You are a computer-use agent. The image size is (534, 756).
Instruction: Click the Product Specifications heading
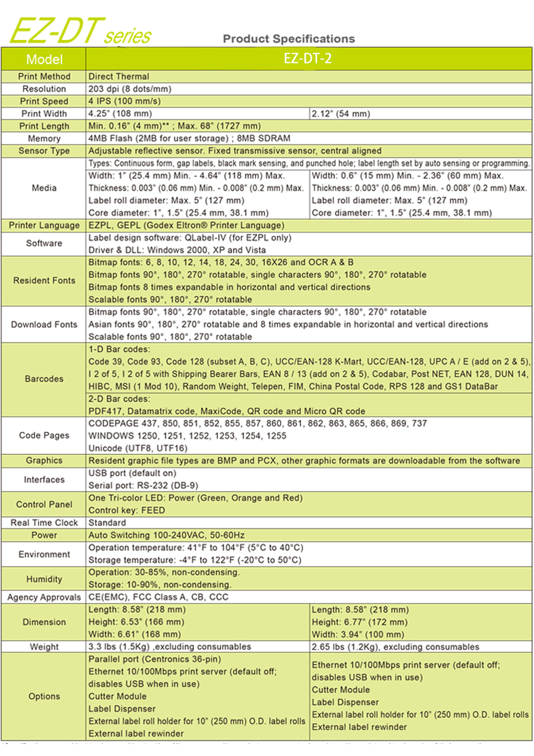click(288, 39)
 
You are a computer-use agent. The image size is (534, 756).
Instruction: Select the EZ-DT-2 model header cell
click(308, 59)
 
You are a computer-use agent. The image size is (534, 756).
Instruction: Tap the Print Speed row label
click(44, 102)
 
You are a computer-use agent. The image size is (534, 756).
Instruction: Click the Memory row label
click(44, 138)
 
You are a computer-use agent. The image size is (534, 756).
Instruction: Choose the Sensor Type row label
click(44, 151)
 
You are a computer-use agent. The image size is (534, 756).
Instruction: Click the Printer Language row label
click(44, 225)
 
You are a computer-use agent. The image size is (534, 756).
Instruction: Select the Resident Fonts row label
click(44, 280)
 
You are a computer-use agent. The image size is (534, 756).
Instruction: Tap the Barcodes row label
click(44, 379)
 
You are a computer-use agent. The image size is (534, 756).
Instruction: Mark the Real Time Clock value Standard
click(107, 523)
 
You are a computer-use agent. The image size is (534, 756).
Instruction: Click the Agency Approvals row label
click(44, 597)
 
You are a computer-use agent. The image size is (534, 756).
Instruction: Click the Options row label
click(44, 696)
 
